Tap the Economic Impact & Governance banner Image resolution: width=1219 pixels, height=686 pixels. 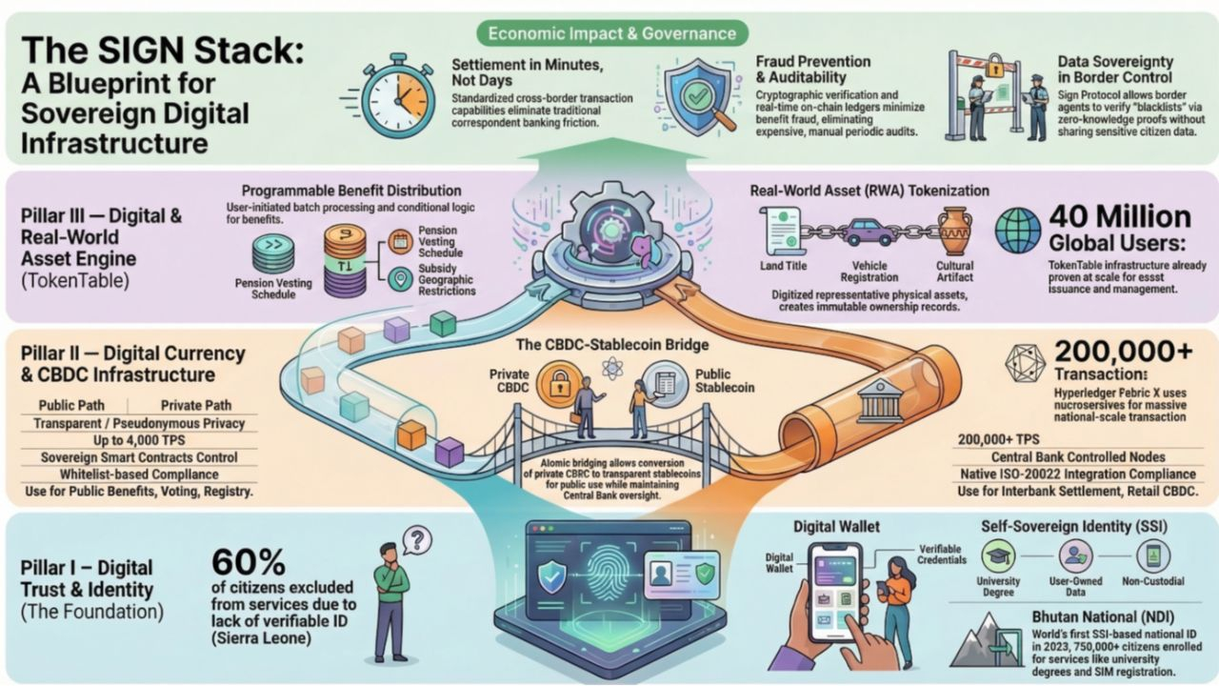pos(612,33)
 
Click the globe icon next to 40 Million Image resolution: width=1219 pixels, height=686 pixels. pos(1017,232)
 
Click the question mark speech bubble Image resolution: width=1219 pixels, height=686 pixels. pos(416,540)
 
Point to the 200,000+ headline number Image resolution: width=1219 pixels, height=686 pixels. pos(1123,352)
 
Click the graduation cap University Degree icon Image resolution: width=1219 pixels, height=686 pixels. pos(997,555)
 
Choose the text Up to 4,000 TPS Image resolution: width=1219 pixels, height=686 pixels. pos(138,440)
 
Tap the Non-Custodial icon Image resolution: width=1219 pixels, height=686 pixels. pos(1153,555)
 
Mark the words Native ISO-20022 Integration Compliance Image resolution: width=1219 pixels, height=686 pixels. pos(1077,474)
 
